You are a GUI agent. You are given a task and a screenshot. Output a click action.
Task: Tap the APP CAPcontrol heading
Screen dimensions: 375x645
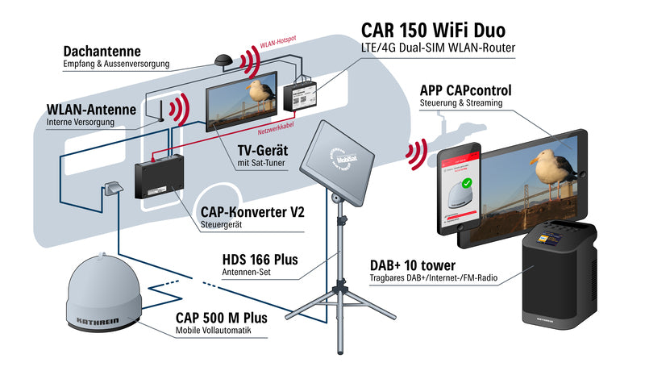[x=466, y=90]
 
